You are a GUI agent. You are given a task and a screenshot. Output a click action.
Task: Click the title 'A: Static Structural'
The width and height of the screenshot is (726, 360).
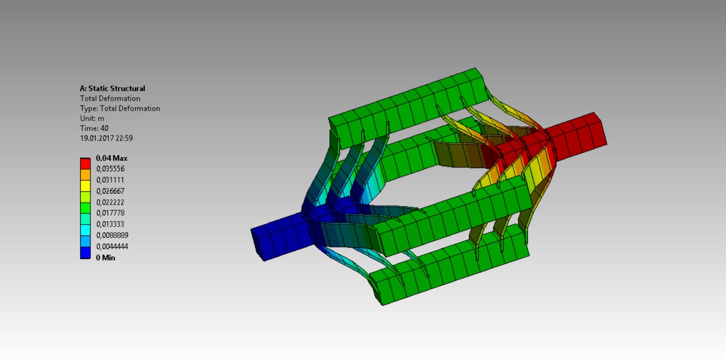click(x=112, y=89)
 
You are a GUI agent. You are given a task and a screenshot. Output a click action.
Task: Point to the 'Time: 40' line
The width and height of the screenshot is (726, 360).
click(x=94, y=128)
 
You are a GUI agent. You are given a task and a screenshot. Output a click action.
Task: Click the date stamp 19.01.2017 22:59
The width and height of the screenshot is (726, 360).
click(x=106, y=138)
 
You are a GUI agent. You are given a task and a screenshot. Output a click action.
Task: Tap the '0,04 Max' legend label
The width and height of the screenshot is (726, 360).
click(x=111, y=158)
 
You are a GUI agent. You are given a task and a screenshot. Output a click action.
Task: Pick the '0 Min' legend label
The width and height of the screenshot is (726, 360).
click(x=105, y=257)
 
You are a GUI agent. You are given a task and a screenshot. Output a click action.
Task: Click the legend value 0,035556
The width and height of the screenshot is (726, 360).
click(x=110, y=169)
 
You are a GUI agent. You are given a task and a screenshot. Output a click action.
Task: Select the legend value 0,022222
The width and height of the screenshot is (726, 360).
click(x=110, y=202)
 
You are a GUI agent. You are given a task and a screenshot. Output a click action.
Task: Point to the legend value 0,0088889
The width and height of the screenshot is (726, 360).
click(x=112, y=235)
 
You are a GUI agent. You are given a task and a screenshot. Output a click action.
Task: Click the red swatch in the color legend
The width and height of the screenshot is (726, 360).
click(x=85, y=163)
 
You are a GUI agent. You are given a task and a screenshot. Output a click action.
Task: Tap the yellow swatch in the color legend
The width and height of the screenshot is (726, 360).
click(x=85, y=186)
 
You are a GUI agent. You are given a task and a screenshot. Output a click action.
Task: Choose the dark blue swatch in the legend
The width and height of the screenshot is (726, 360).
click(x=85, y=253)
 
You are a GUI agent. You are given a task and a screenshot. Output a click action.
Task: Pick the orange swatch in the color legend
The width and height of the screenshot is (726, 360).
click(x=85, y=175)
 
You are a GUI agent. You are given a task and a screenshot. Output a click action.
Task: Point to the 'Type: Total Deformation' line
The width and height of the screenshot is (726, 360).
click(x=120, y=109)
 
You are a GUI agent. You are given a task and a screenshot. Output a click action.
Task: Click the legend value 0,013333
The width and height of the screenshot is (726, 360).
click(x=110, y=224)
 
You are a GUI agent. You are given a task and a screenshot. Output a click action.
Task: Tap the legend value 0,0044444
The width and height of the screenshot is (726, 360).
click(x=112, y=246)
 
